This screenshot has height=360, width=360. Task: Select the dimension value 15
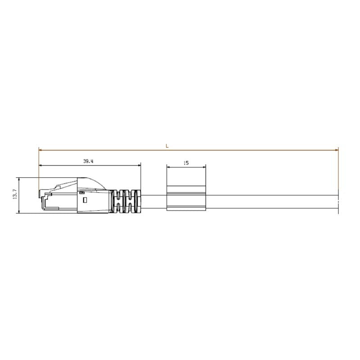pyautogui.click(x=186, y=163)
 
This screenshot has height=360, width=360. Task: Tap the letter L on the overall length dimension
pyautogui.click(x=167, y=146)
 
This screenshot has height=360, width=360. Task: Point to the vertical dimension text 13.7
pyautogui.click(x=14, y=195)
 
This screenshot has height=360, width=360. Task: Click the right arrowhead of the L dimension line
pyautogui.click(x=337, y=149)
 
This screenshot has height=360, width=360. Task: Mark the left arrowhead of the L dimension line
pyautogui.click(x=41, y=149)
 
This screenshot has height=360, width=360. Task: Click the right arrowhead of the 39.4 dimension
pyautogui.click(x=139, y=166)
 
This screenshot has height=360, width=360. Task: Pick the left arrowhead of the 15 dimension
pyautogui.click(x=168, y=167)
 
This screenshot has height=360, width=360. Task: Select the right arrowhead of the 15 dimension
pyautogui.click(x=204, y=167)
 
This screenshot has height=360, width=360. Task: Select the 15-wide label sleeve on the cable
pyautogui.click(x=186, y=198)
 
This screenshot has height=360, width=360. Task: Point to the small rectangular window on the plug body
pyautogui.click(x=82, y=193)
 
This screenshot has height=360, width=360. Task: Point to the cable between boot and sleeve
pyautogui.click(x=153, y=202)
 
